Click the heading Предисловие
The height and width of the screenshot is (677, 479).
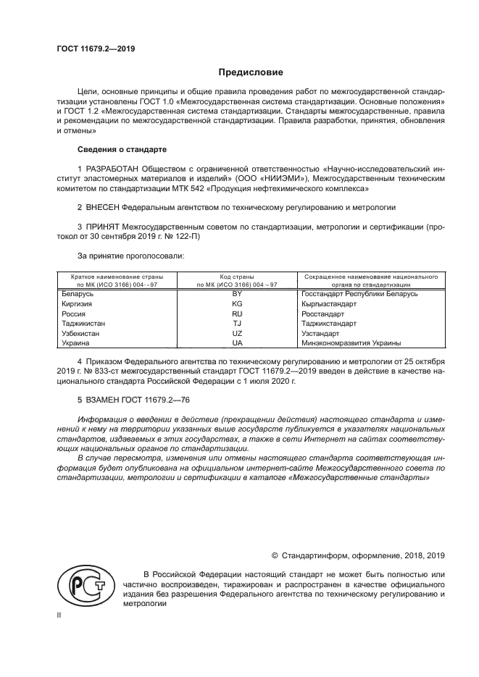tap(251, 72)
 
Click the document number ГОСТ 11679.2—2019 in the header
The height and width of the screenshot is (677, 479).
tap(96, 49)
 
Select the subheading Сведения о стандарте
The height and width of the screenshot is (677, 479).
tap(122, 149)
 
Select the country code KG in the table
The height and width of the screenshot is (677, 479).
tap(236, 305)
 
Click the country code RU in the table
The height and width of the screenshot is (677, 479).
tap(236, 314)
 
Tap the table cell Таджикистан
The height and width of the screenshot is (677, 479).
tap(83, 324)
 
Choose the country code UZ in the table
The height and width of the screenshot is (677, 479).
tap(236, 333)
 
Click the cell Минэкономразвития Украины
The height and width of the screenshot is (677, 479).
tap(350, 342)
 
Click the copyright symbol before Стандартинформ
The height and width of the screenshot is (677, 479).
tap(275, 555)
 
